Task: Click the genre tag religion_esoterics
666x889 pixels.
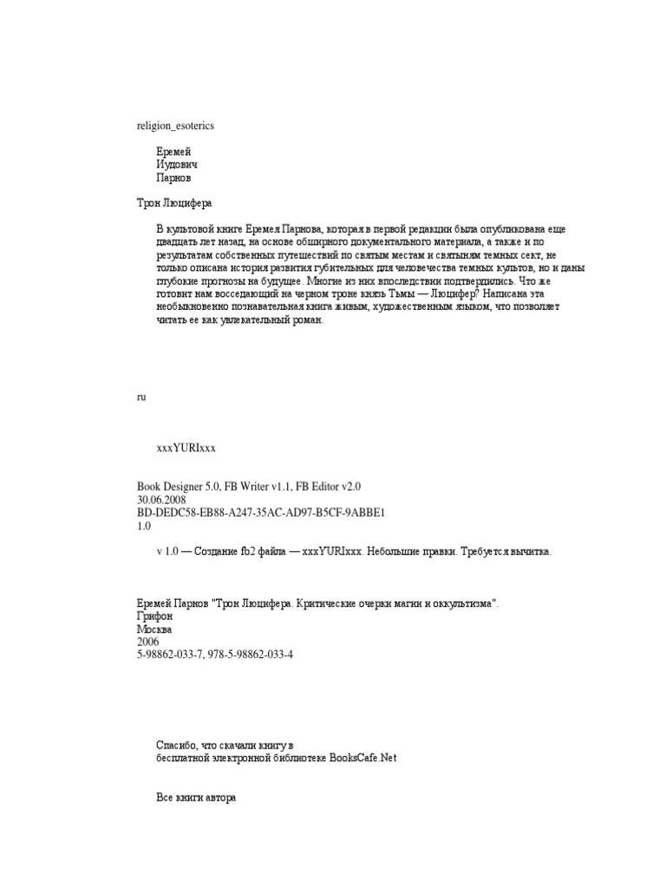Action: point(175,126)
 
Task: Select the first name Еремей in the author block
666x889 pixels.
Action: point(173,152)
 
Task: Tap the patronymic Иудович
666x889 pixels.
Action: point(177,165)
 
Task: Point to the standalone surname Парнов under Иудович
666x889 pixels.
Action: point(174,178)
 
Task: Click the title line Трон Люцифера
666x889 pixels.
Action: point(174,203)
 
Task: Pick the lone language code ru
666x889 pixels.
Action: point(140,397)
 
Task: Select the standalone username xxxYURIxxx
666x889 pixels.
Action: point(185,448)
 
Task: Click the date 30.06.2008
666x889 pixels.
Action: point(162,501)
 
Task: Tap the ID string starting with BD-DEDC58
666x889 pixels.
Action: point(260,513)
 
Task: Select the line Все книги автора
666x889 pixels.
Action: point(196,797)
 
